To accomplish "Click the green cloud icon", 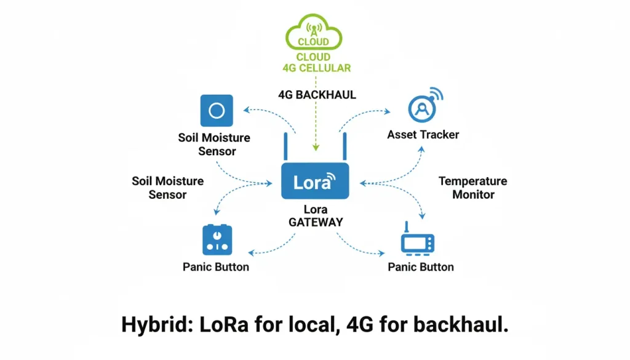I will click(314, 33).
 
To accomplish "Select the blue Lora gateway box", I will click(314, 182).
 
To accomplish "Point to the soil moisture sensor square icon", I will click(217, 111).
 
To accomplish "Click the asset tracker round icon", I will click(423, 109).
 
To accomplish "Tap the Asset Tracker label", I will click(423, 134).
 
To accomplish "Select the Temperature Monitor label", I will click(472, 188).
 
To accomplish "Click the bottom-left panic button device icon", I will click(217, 240).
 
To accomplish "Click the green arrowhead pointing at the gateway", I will click(315, 148).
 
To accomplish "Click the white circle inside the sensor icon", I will click(217, 111).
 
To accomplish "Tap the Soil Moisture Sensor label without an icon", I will click(167, 188).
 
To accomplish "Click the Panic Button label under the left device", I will click(216, 267).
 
